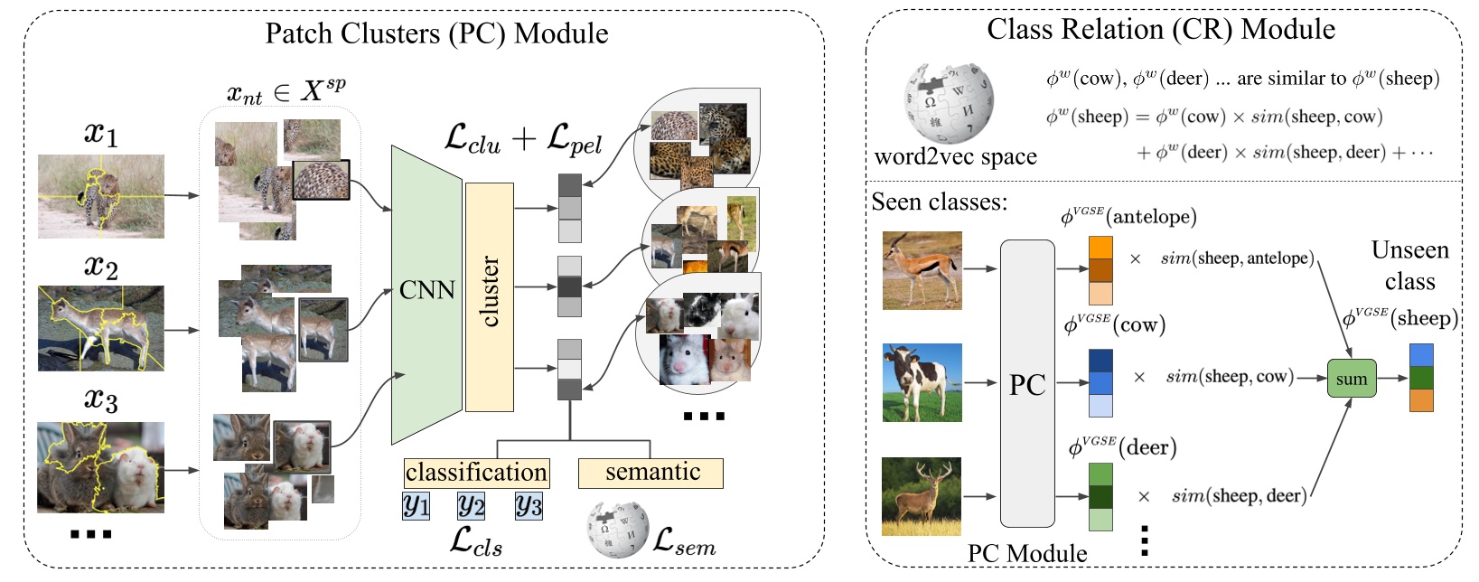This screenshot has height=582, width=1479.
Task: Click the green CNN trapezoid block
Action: (x=426, y=294)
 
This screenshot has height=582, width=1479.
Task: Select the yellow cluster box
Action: (x=489, y=296)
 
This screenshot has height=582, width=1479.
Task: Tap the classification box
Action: (x=476, y=473)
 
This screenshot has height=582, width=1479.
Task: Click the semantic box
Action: (x=651, y=473)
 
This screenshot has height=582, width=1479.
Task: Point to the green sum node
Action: (x=1351, y=379)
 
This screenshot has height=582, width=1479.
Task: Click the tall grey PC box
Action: (x=1027, y=384)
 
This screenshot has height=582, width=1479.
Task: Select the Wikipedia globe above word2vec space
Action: (x=948, y=104)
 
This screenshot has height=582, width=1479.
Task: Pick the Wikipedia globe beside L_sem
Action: (x=618, y=530)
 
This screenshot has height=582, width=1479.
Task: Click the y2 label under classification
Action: (x=471, y=505)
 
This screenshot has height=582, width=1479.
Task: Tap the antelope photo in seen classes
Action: (x=922, y=270)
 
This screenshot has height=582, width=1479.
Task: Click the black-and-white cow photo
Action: (x=922, y=382)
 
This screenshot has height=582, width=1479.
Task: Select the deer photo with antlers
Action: (x=922, y=496)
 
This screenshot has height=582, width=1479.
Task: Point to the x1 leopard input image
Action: (x=100, y=196)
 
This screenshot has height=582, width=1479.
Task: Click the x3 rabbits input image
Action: (x=100, y=467)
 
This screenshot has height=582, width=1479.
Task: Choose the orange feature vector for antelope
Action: (x=1100, y=270)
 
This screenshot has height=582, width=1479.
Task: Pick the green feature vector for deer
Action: (x=1100, y=496)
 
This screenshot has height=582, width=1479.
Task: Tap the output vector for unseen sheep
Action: (x=1421, y=378)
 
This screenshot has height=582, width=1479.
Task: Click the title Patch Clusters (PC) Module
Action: (x=436, y=33)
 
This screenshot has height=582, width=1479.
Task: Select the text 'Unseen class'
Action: (x=1409, y=266)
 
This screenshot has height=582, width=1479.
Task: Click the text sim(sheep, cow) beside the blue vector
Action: (x=1230, y=376)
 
